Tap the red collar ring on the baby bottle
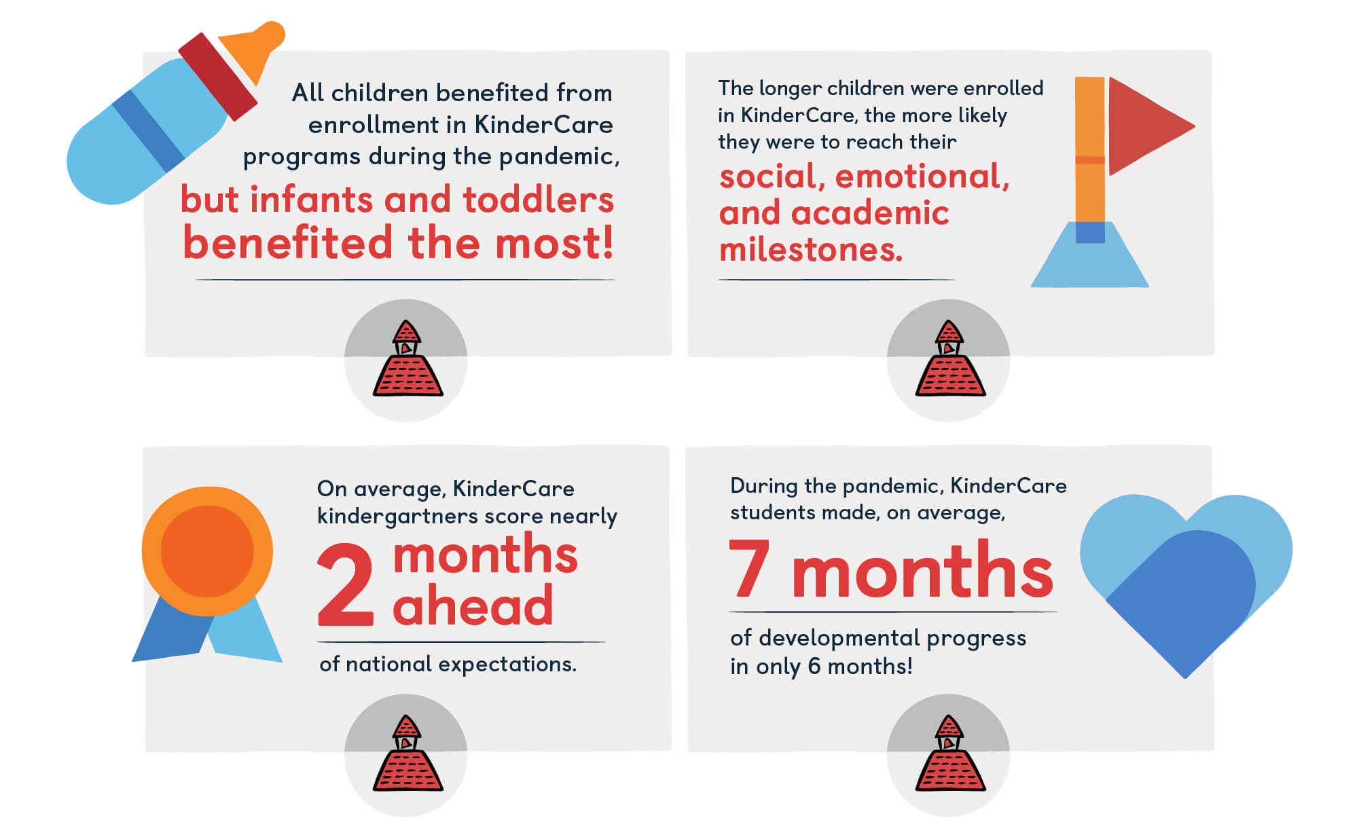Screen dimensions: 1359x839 217,76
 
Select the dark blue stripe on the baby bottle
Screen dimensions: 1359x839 148,131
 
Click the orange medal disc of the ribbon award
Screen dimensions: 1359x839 207,551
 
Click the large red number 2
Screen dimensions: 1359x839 346,584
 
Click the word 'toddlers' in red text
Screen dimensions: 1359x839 538,200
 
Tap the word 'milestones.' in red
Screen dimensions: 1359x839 811,250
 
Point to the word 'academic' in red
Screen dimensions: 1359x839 870,213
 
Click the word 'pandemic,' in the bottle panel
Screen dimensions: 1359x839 560,157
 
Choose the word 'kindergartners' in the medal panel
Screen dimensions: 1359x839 430,517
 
